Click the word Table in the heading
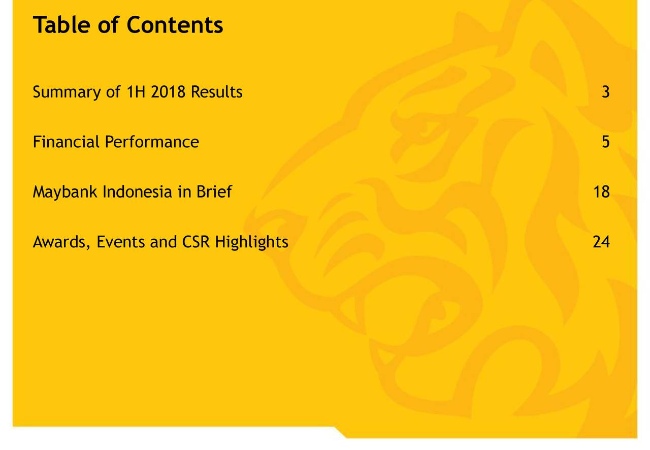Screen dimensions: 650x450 [61, 25]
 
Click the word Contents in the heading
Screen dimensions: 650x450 [175, 25]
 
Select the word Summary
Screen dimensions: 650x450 [67, 92]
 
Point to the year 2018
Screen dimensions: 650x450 [168, 92]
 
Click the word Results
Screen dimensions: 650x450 [216, 92]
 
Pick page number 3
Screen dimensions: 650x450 [606, 92]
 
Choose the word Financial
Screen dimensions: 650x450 [66, 142]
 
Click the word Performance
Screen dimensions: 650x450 [152, 142]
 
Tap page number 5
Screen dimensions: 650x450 [606, 142]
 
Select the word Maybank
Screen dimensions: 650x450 [65, 192]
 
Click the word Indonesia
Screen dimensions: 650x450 [137, 191]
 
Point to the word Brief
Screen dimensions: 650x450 [214, 191]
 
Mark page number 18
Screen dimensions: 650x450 [602, 192]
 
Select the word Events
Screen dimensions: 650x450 [120, 242]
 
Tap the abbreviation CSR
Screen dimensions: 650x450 [196, 242]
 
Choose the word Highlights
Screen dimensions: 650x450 [251, 242]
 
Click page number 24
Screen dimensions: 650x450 [601, 242]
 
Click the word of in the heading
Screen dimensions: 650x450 [109, 25]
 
